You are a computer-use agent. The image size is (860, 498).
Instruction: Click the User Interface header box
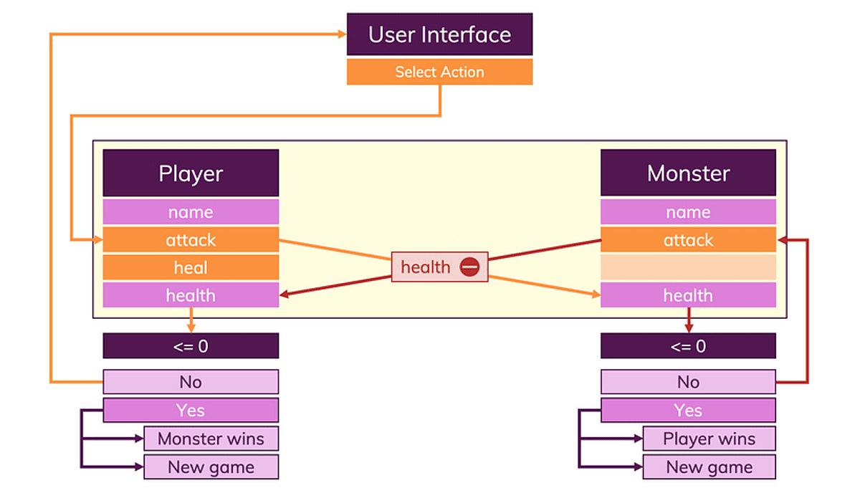tap(439, 34)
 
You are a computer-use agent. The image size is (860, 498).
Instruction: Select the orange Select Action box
tap(439, 72)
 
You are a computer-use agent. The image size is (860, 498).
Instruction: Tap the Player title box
tap(191, 173)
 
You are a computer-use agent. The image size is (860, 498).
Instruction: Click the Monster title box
tap(688, 173)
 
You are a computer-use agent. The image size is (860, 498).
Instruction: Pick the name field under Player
tap(191, 212)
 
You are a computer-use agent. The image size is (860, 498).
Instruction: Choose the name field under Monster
tap(688, 212)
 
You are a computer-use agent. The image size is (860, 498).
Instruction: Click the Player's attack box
tap(191, 240)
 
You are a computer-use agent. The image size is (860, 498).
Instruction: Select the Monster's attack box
tap(688, 240)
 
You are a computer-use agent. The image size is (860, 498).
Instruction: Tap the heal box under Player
tap(191, 267)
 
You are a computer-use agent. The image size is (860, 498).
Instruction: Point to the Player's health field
tap(191, 295)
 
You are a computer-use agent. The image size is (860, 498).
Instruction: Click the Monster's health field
tap(688, 295)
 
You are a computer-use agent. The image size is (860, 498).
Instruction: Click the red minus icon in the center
tap(469, 267)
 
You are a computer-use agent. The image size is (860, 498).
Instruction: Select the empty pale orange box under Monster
tap(688, 267)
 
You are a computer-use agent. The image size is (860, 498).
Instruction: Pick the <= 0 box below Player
tap(191, 346)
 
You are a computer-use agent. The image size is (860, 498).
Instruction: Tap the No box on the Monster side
tap(688, 382)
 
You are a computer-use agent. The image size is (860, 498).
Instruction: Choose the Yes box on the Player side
tap(191, 411)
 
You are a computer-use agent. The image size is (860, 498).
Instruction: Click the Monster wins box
tap(211, 439)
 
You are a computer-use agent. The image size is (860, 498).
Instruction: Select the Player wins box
tap(709, 439)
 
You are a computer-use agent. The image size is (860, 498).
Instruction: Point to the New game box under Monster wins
tap(211, 467)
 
